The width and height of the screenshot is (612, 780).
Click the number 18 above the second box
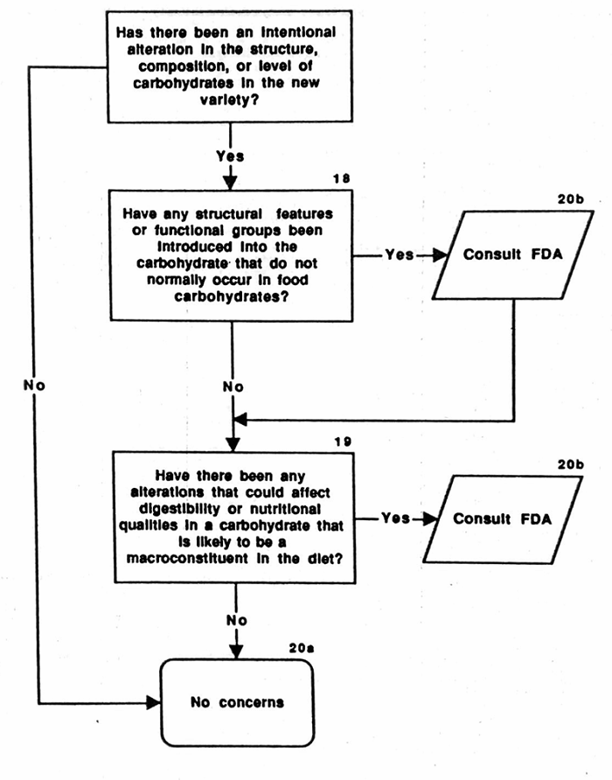343,178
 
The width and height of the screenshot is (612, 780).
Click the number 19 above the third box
343,441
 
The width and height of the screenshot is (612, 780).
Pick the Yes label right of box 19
396,518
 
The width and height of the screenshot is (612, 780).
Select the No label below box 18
232,385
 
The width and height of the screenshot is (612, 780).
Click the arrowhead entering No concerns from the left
157,702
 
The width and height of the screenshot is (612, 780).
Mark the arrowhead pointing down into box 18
232,184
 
